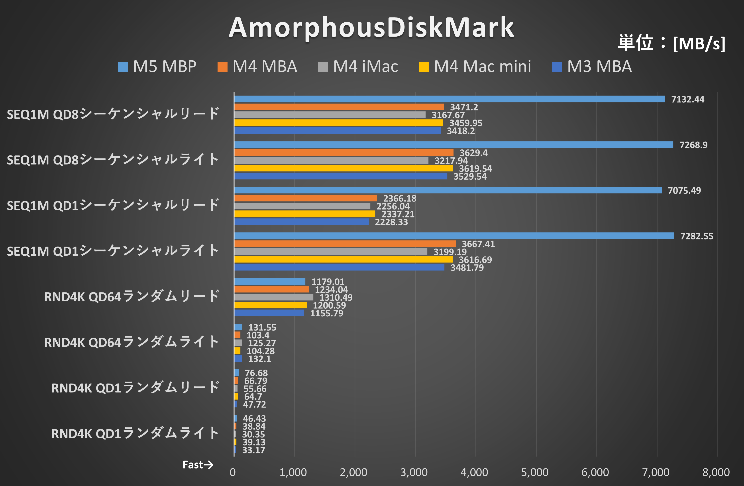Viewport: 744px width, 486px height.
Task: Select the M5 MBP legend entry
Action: point(157,67)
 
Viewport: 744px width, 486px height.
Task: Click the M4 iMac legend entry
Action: point(358,67)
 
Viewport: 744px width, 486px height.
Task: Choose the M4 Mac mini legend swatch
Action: point(424,67)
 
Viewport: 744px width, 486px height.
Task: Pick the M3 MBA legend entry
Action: point(592,67)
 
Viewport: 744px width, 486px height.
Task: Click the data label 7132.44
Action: point(687,99)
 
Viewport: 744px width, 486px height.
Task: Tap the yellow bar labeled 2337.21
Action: point(304,214)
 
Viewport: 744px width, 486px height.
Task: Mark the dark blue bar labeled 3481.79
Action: point(339,267)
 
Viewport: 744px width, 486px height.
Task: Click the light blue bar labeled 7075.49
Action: point(448,190)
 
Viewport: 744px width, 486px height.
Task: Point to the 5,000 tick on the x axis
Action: point(535,472)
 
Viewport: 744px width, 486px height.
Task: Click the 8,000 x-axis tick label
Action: point(716,472)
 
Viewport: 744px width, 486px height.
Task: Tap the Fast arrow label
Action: point(198,465)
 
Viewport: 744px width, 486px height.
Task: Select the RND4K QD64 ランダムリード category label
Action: point(132,296)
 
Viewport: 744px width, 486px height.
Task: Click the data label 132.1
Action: point(259,359)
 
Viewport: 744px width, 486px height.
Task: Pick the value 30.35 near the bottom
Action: point(253,434)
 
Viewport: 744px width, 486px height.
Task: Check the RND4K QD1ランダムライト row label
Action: point(135,433)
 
